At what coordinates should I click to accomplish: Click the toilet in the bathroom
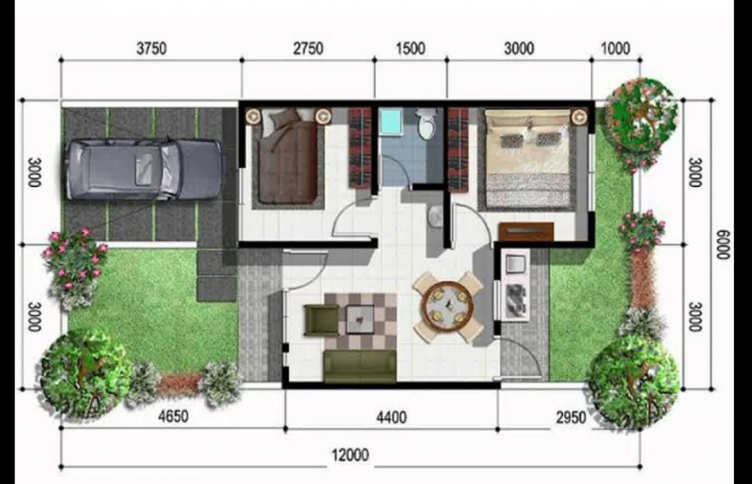click(x=428, y=124)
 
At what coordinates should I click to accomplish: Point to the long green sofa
click(x=360, y=366)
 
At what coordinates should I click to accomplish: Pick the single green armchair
click(x=320, y=319)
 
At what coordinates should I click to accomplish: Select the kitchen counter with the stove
click(x=517, y=288)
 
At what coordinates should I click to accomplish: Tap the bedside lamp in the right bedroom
click(x=578, y=117)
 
